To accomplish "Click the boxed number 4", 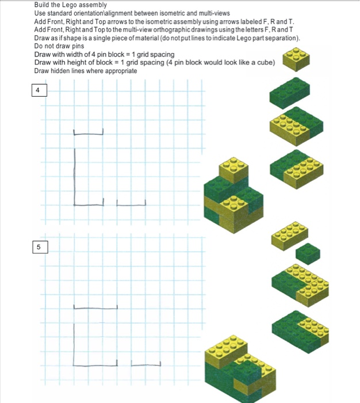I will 38,90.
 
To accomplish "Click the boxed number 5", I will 38,247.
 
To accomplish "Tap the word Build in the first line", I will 43,5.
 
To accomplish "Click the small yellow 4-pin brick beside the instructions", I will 294,58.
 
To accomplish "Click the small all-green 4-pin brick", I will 308,253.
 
